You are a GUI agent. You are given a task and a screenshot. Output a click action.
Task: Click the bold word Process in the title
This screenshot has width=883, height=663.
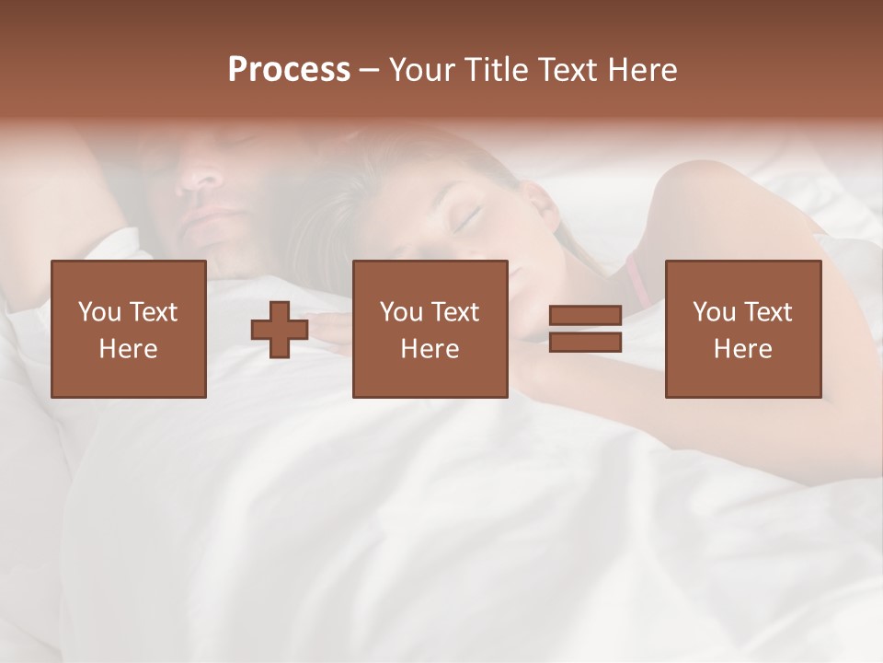(289, 69)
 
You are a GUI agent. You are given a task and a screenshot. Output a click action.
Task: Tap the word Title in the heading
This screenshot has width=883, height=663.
(496, 69)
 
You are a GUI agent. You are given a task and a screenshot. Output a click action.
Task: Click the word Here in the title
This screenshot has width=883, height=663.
(641, 69)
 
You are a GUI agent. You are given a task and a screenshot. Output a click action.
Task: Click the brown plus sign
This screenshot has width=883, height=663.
(280, 330)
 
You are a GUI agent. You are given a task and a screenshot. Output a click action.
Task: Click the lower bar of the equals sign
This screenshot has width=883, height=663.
(585, 343)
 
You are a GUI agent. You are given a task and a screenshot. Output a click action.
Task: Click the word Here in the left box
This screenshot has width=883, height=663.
(128, 349)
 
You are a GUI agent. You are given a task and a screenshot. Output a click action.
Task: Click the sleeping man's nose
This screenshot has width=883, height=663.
(197, 174)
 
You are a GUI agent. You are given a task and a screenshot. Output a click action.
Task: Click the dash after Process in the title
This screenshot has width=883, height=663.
(370, 69)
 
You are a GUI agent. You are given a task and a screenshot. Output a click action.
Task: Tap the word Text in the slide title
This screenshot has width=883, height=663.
(566, 69)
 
